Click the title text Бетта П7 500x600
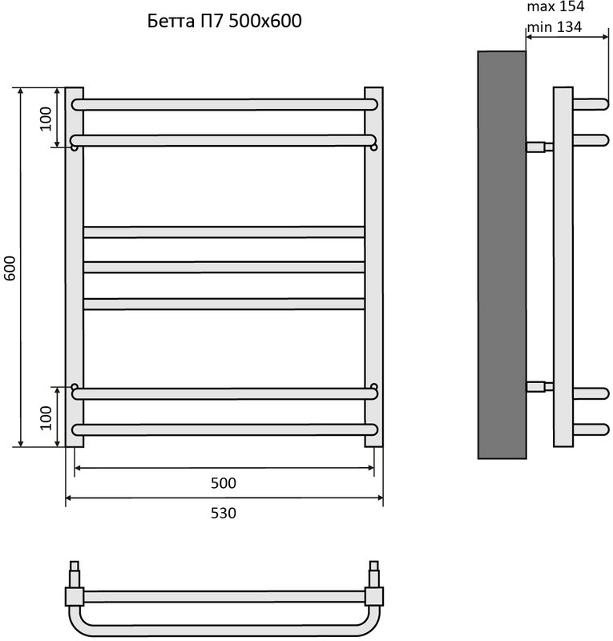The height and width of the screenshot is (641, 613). tap(224, 21)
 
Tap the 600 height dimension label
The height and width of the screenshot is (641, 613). tap(10, 268)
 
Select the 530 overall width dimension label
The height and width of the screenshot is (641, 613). tap(224, 513)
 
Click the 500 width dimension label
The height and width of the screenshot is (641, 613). tap(224, 483)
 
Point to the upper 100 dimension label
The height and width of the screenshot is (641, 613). tap(46, 119)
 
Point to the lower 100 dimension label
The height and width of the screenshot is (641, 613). tap(46, 417)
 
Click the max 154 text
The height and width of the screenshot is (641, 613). tap(555, 6)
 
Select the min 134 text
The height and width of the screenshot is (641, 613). tap(555, 27)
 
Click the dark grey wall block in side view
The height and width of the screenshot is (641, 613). tap(502, 255)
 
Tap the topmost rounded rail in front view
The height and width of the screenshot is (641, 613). tap(224, 105)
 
